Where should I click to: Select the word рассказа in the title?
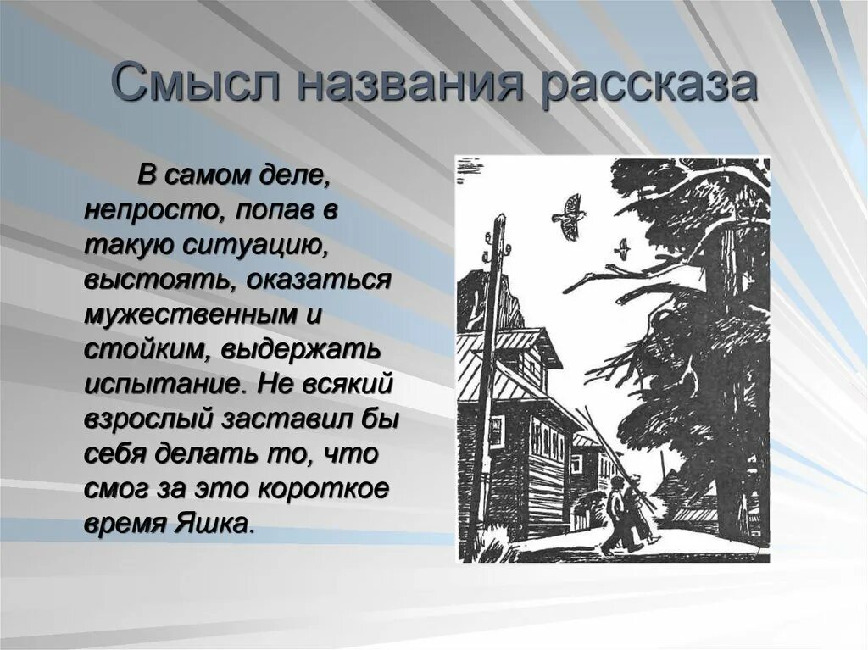(x=648, y=85)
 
